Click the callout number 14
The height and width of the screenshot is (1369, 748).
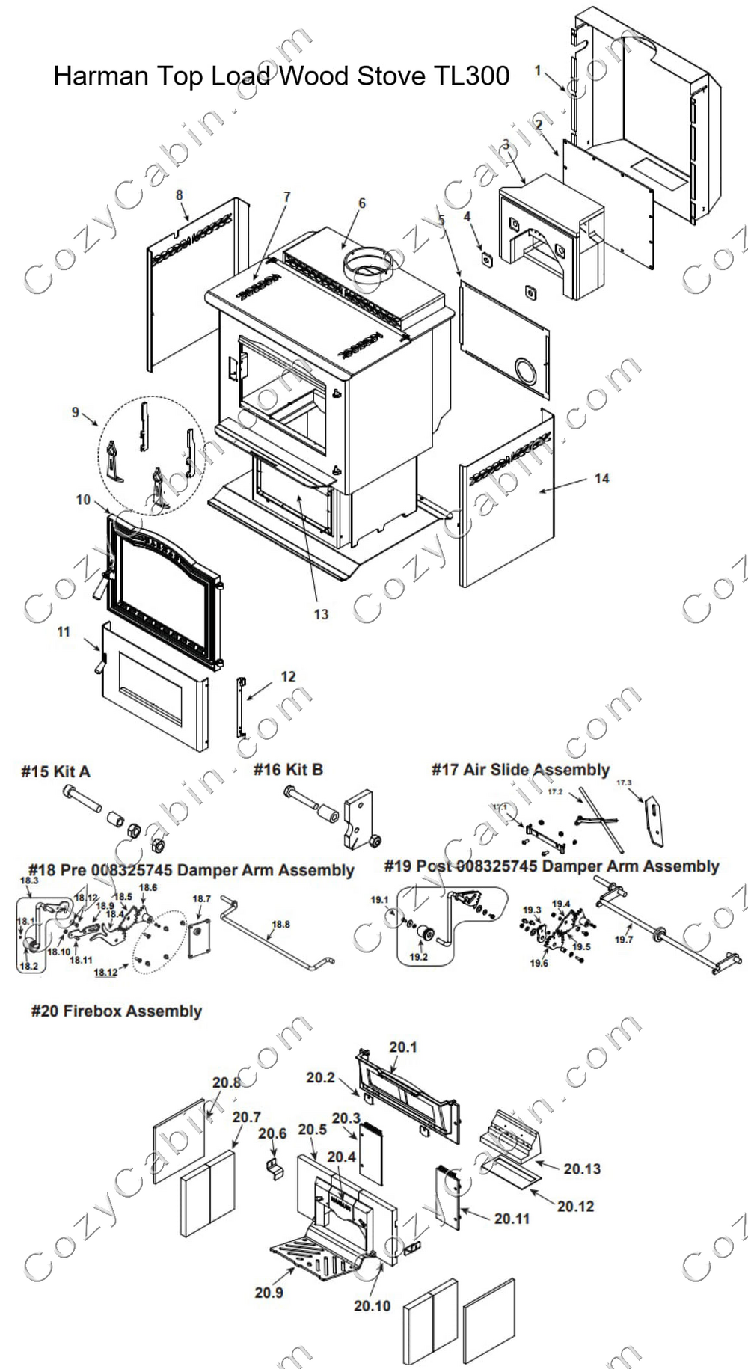click(601, 479)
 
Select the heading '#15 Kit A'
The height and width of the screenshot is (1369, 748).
click(55, 771)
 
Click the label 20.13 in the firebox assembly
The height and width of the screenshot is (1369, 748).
click(582, 1169)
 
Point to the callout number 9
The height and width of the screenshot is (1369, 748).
click(75, 412)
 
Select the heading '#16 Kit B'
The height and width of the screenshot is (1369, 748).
click(288, 770)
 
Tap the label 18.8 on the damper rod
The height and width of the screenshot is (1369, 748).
click(280, 925)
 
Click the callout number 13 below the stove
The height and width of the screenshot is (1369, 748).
click(321, 614)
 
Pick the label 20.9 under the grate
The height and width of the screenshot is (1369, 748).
click(269, 1293)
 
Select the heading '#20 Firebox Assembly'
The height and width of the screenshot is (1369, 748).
click(117, 1011)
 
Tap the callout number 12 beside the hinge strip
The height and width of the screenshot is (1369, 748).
click(288, 676)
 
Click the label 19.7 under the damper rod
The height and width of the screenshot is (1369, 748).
click(624, 940)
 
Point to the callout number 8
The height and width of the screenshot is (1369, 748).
click(179, 195)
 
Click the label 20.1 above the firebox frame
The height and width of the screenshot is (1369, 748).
click(402, 1047)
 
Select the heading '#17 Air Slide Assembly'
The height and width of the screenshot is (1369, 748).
click(521, 770)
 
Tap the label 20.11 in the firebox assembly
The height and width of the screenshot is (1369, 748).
click(512, 1219)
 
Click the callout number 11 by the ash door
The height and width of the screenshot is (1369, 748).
click(64, 632)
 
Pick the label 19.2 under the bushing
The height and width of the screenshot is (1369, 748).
click(418, 957)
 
